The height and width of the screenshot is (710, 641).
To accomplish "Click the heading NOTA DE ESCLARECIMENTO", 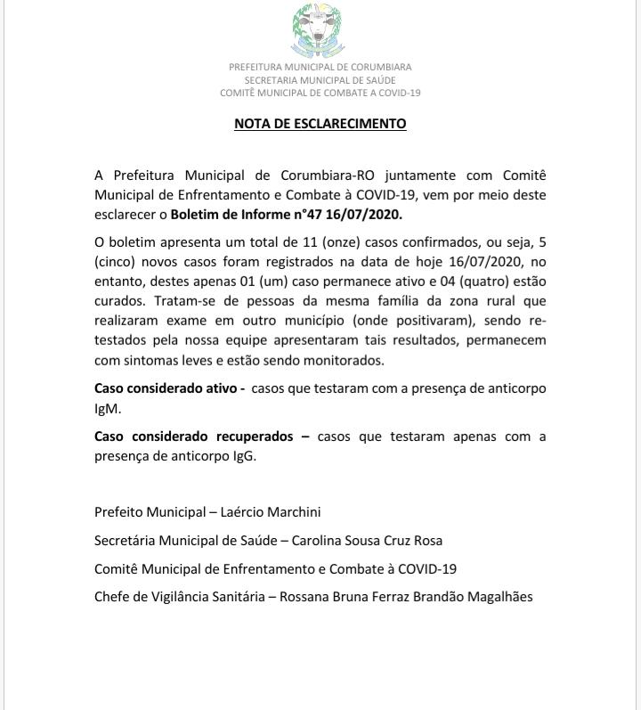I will point(320,124).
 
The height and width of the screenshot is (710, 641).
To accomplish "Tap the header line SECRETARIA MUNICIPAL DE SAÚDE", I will point(320,79).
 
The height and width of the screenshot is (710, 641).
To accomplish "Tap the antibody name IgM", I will point(109,409).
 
